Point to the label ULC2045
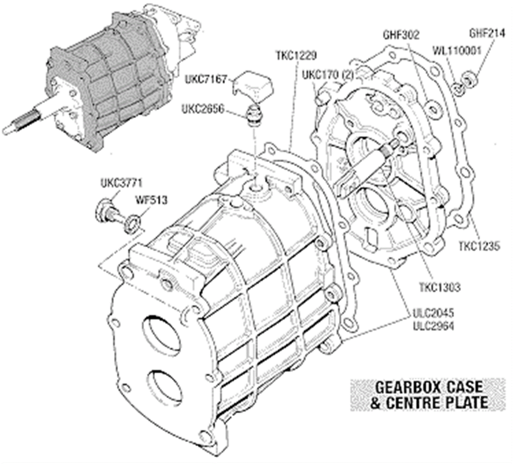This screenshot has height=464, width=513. [x=433, y=313]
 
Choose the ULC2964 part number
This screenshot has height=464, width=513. [x=433, y=326]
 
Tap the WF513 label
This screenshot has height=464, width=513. [x=151, y=200]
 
